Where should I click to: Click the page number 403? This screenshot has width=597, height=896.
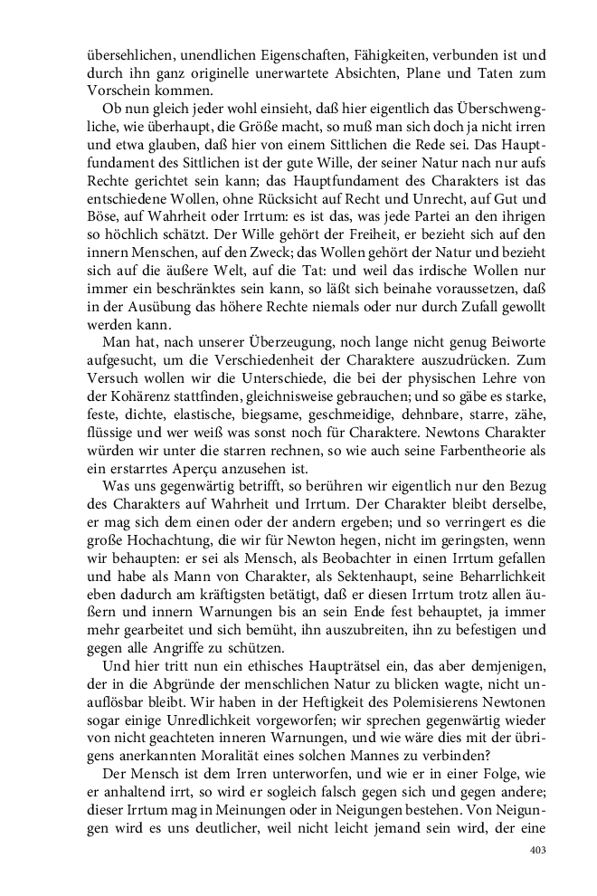[538, 850]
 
